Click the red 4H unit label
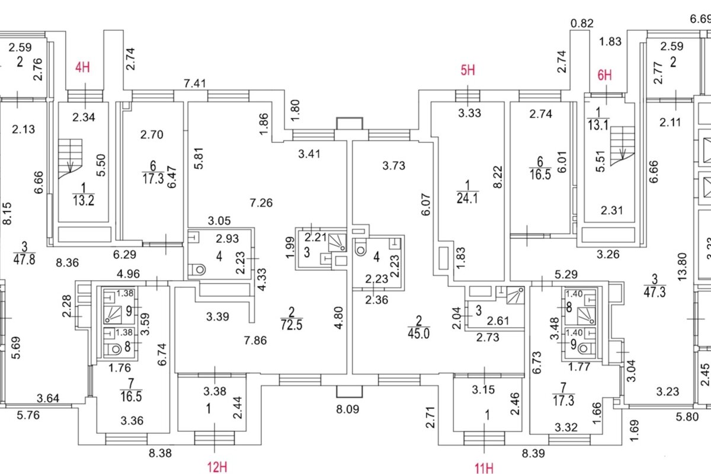pyautogui.click(x=82, y=68)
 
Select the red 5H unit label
pyautogui.click(x=468, y=70)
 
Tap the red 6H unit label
pyautogui.click(x=604, y=75)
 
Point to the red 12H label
pyautogui.click(x=217, y=467)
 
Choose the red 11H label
pyautogui.click(x=484, y=468)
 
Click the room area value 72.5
pyautogui.click(x=292, y=325)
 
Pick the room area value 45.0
pyautogui.click(x=419, y=334)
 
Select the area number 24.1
pyautogui.click(x=467, y=198)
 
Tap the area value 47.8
pyautogui.click(x=24, y=260)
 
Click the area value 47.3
pyautogui.click(x=655, y=292)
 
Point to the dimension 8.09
pyautogui.click(x=348, y=409)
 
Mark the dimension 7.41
pyautogui.click(x=195, y=84)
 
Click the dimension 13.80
pyautogui.click(x=682, y=267)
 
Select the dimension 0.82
pyautogui.click(x=582, y=23)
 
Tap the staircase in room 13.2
pyautogui.click(x=70, y=158)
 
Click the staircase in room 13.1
pyautogui.click(x=622, y=146)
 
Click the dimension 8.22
pyautogui.click(x=498, y=177)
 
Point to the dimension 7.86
pyautogui.click(x=255, y=340)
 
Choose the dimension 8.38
pyautogui.click(x=161, y=453)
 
